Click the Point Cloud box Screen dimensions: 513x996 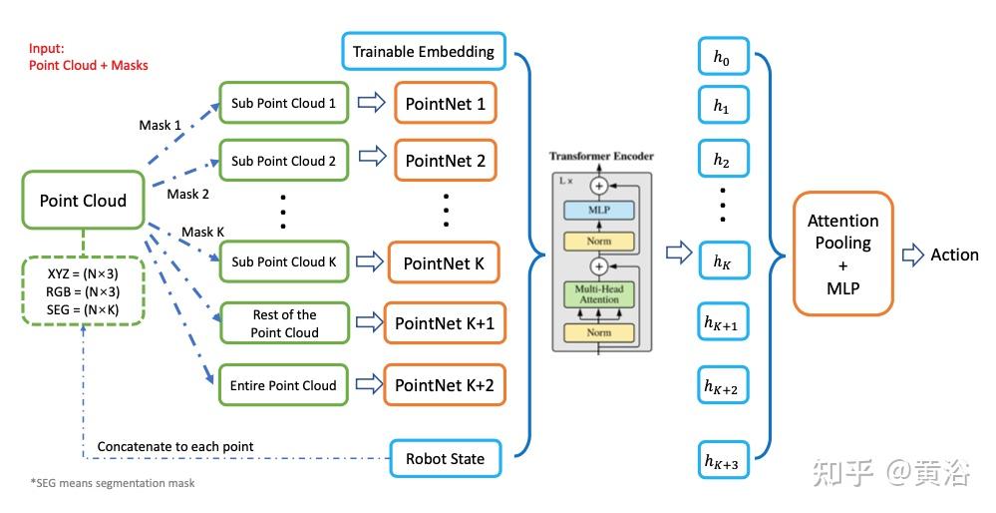pyautogui.click(x=83, y=201)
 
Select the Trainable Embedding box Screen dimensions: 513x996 pyautogui.click(x=424, y=52)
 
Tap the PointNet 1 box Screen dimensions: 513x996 pyautogui.click(x=446, y=103)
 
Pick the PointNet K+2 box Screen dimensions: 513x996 pyautogui.click(x=444, y=385)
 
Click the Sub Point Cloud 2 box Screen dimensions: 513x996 pyautogui.click(x=283, y=161)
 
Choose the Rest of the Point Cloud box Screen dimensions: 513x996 pyautogui.click(x=283, y=322)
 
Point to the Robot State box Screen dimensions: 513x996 pyautogui.click(x=445, y=459)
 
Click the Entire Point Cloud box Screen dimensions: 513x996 pyautogui.click(x=283, y=385)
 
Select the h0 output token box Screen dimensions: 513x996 pyautogui.click(x=721, y=59)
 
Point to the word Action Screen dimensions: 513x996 pyautogui.click(x=954, y=256)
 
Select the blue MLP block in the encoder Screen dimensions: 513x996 pyautogui.click(x=598, y=211)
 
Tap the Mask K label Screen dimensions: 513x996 pyautogui.click(x=202, y=232)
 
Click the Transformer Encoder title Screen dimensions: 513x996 pyautogui.click(x=601, y=157)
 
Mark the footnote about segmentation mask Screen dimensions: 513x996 pyautogui.click(x=112, y=483)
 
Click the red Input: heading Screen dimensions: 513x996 pyautogui.click(x=47, y=47)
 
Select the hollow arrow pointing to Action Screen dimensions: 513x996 pyautogui.click(x=912, y=256)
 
